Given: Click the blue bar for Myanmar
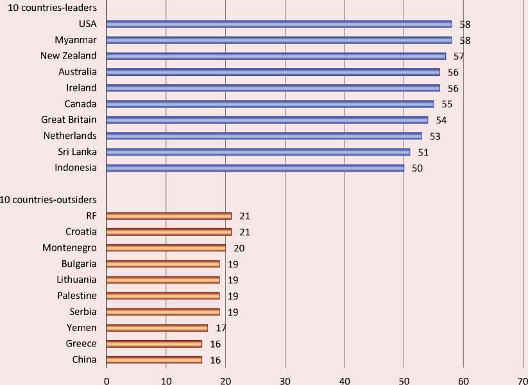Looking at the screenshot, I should (279, 40).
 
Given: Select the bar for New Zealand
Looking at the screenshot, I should (276, 56).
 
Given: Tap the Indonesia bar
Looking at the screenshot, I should (255, 168).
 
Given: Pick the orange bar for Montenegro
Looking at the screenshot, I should (166, 247).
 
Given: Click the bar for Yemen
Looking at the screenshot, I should (157, 328).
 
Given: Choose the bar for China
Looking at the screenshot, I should (154, 360).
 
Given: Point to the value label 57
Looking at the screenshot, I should (459, 56).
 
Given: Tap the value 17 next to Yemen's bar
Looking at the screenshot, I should (221, 328).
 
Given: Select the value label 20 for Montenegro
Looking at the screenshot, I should (239, 247).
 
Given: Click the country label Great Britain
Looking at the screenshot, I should (69, 120).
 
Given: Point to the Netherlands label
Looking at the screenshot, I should (70, 136).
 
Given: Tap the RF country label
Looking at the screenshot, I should (90, 216).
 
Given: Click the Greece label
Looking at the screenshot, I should (81, 344).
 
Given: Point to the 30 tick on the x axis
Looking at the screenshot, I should (285, 380).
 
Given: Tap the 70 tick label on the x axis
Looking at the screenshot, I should (522, 380).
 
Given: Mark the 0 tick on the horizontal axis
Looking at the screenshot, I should (106, 380).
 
